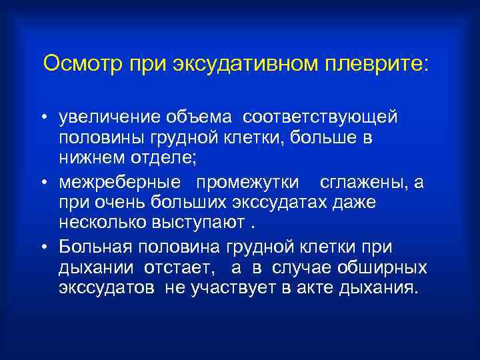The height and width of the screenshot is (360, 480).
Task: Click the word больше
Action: click(316, 138)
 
